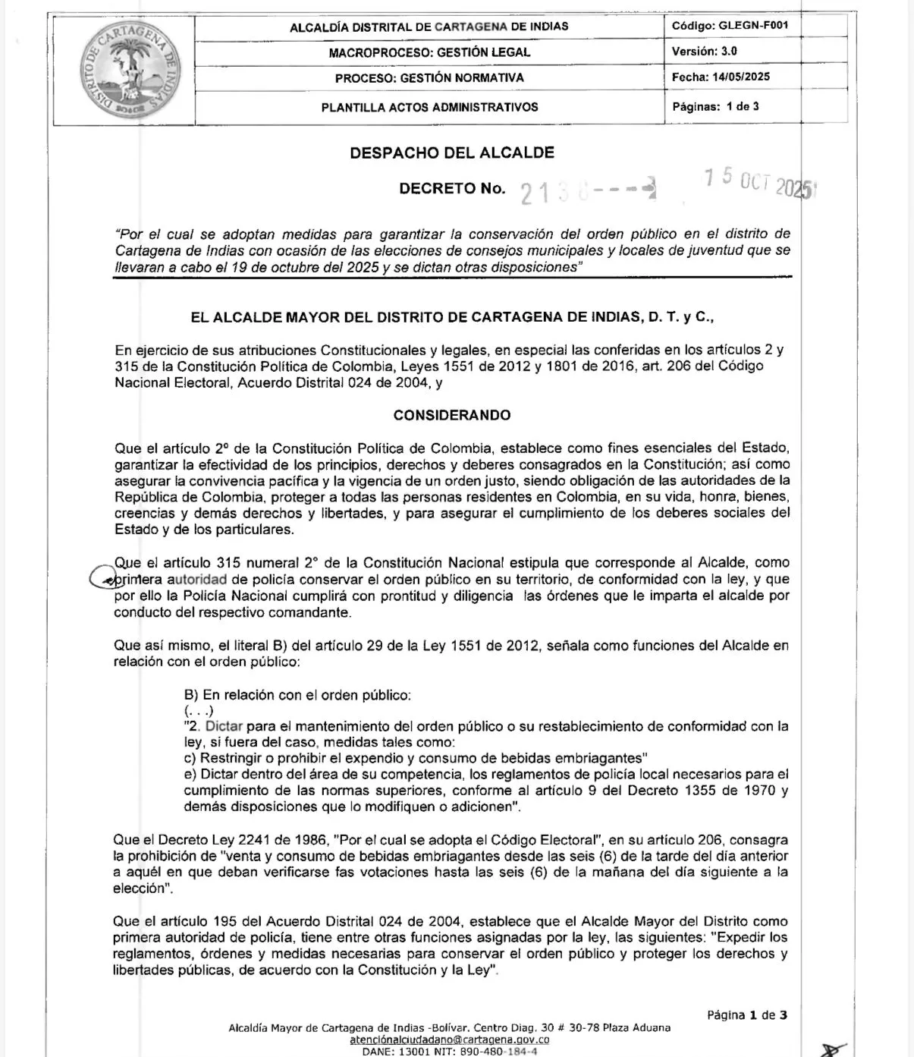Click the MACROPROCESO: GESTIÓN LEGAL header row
tap(429, 52)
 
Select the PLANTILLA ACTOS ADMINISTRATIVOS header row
tap(429, 107)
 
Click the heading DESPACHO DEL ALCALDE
tap(452, 153)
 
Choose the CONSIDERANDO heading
tap(452, 415)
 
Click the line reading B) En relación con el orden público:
tap(297, 695)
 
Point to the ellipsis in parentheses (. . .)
tap(199, 711)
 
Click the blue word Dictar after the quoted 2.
tap(224, 726)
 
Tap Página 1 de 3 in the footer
tap(746, 1015)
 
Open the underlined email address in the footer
tap(450, 1040)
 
